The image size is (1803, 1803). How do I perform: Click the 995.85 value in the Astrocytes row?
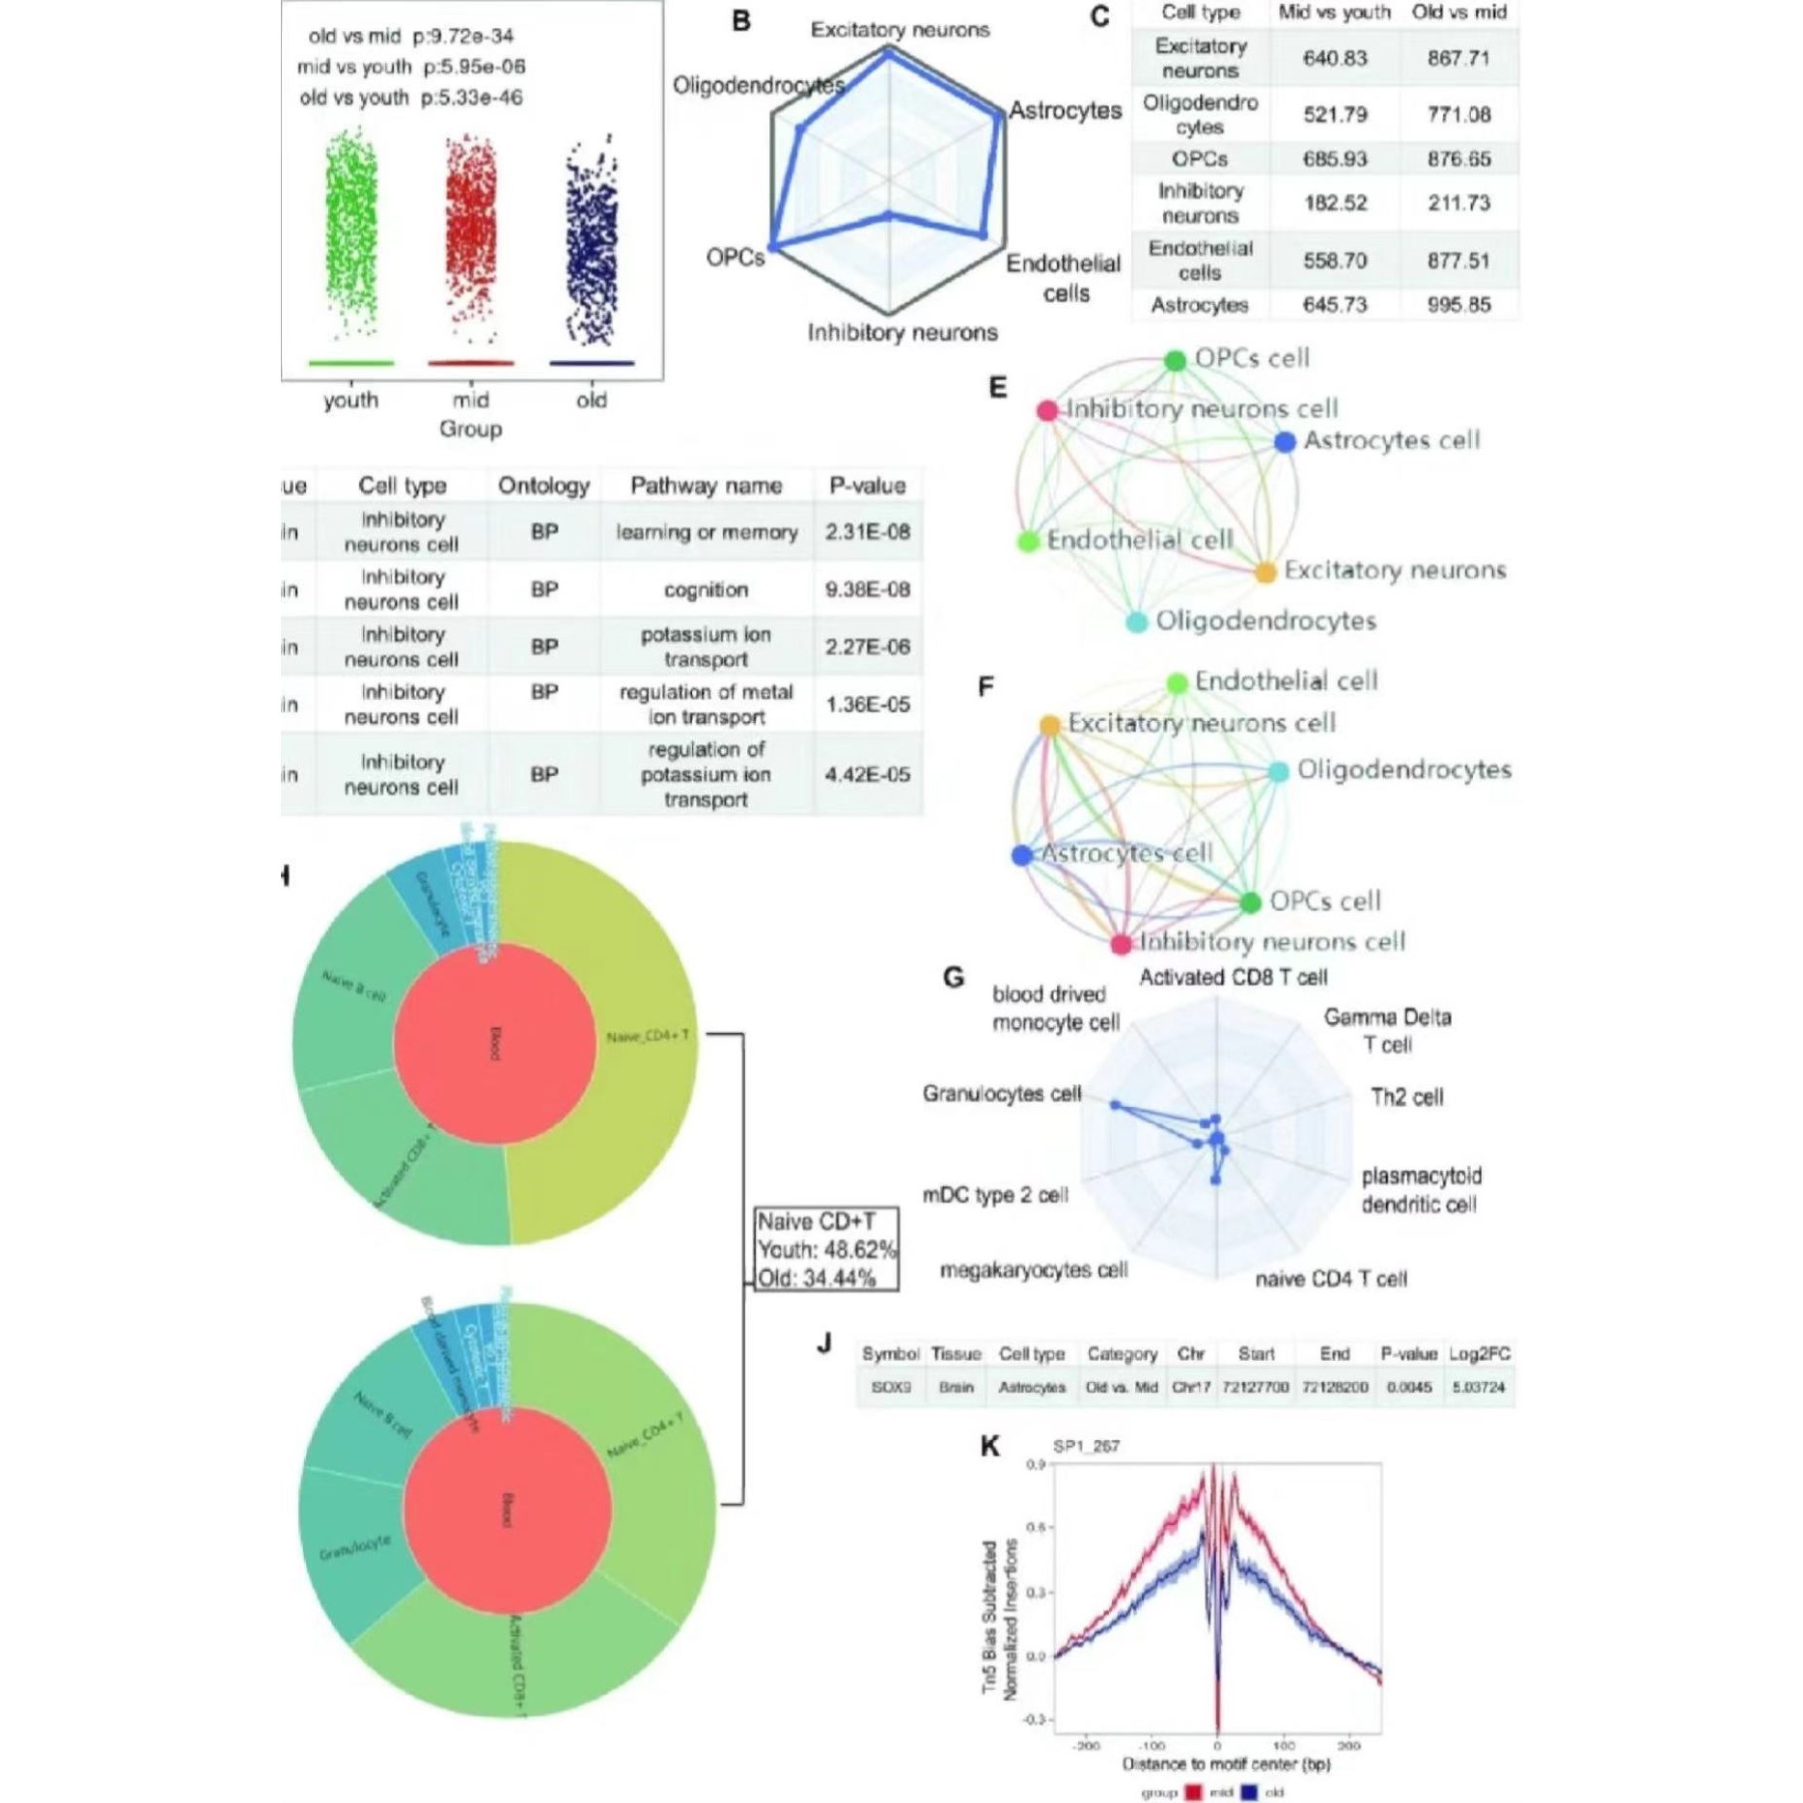[x=1457, y=305]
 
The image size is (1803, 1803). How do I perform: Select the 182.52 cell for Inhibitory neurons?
[x=1335, y=204]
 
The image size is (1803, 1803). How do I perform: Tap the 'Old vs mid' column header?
[x=1457, y=13]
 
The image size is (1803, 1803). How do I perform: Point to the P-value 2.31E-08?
[x=867, y=532]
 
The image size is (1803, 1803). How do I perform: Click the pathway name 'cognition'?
[x=706, y=590]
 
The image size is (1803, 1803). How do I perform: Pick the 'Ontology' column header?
[x=543, y=485]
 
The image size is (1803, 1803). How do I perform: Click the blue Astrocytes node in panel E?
[x=1284, y=442]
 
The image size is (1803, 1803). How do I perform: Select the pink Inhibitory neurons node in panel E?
[x=1047, y=411]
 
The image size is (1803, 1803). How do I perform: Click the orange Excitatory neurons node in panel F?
[x=1050, y=725]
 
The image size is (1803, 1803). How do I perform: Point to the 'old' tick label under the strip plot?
[x=592, y=401]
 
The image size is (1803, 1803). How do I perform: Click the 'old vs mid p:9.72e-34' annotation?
[x=411, y=37]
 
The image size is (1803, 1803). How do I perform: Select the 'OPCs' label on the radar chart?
[x=735, y=258]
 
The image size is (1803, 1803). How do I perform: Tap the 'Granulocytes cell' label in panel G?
[x=1001, y=1094]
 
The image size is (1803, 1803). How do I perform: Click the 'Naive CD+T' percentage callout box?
[x=826, y=1249]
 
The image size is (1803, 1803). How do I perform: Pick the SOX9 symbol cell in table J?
[x=890, y=1387]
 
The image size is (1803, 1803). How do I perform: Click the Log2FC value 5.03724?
[x=1479, y=1387]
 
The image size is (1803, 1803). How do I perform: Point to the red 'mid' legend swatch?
[x=1193, y=1792]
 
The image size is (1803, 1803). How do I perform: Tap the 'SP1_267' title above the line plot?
[x=1086, y=1446]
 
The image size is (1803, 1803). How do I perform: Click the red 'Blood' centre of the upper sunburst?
[x=494, y=1043]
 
